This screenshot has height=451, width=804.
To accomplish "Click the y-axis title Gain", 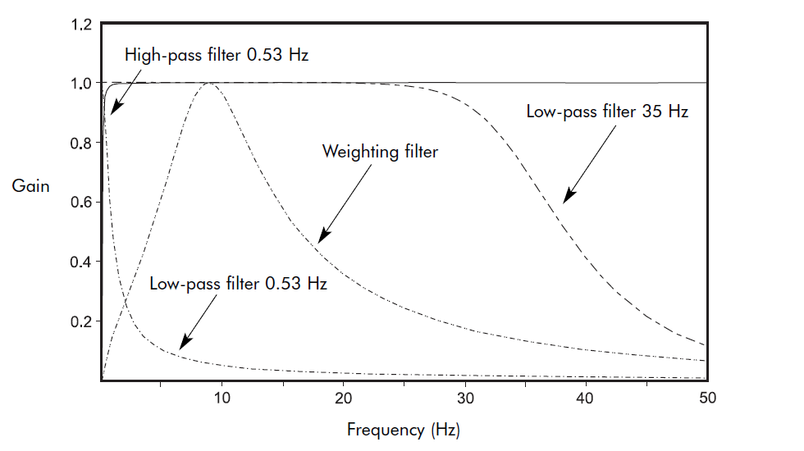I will click(x=30, y=186).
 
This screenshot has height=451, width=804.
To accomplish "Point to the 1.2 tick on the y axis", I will click(x=81, y=25).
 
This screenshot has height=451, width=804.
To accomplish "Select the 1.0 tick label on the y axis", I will click(x=81, y=84).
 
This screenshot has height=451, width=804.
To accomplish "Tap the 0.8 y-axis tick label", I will click(x=81, y=143).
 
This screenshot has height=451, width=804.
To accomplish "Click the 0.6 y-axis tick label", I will click(x=81, y=203).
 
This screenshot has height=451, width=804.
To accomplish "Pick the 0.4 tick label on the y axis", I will click(x=81, y=262).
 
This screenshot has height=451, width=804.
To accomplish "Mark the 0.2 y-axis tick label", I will click(x=81, y=321).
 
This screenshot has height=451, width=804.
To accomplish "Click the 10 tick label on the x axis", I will click(x=222, y=398).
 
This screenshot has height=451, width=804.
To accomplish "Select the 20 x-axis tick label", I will click(x=343, y=398).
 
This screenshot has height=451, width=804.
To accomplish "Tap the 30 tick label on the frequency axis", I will click(x=465, y=398).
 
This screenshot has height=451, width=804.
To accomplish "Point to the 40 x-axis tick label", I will click(x=586, y=398).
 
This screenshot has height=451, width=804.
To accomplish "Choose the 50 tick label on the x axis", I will click(x=706, y=398).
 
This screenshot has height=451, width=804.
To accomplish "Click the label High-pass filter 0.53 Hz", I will click(x=217, y=56).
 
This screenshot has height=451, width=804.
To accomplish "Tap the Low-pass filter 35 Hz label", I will click(x=607, y=112).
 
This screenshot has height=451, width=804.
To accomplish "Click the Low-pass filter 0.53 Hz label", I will click(x=239, y=285).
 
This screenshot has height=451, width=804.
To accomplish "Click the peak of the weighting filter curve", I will click(x=210, y=83).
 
